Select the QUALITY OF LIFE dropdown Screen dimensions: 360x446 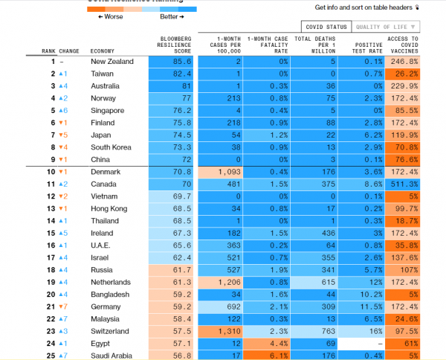384,27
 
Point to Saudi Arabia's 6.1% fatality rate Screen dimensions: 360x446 268,356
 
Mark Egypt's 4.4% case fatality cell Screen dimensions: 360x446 268,344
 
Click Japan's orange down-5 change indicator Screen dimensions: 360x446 64,135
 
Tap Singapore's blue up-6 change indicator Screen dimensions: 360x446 64,111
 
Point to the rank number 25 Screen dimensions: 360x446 53,356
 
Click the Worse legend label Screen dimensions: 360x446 110,16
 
